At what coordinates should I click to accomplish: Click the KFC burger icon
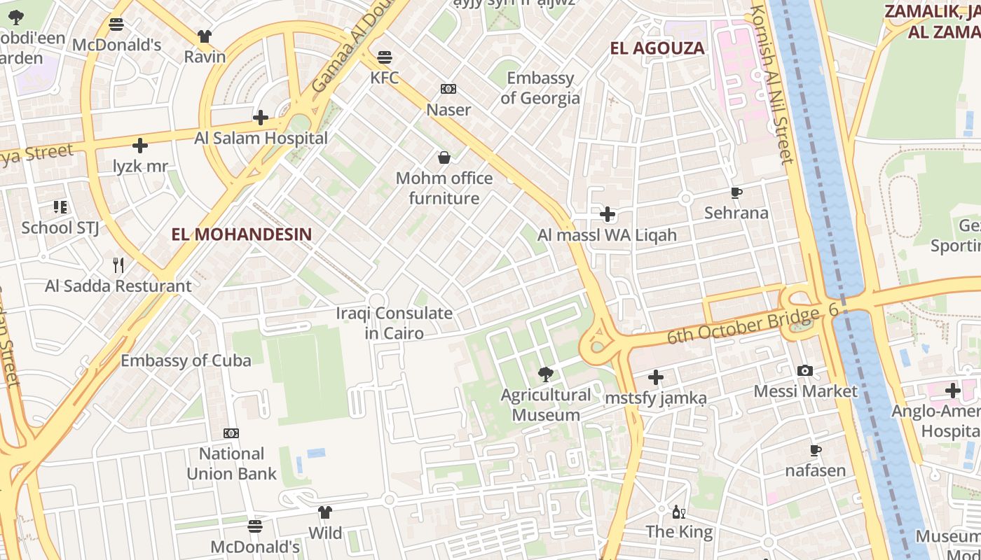coord(384,57)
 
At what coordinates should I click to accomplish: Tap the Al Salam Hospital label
coord(261,138)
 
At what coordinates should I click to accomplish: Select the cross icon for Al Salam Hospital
coord(261,118)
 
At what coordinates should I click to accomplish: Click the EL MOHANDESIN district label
coord(242,234)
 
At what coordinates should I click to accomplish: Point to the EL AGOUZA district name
coord(657,48)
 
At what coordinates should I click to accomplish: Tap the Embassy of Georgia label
coord(540,87)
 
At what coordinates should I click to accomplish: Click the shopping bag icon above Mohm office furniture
coord(444,157)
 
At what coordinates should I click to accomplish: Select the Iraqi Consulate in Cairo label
coord(394,323)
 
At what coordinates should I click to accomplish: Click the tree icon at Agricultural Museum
coord(546,374)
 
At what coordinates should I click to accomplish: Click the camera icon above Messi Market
coord(805,370)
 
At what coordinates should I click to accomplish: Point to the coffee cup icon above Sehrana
coord(736,192)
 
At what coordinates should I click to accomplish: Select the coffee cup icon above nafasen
coord(815,450)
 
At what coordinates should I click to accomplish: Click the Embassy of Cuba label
coord(186,360)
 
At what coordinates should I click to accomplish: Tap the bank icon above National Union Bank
coord(231,433)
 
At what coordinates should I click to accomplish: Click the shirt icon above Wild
coord(324,512)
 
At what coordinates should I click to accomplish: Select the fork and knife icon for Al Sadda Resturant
coord(118,265)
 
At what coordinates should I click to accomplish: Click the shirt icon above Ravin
coord(205,36)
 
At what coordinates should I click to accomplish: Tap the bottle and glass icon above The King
coord(678,512)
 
